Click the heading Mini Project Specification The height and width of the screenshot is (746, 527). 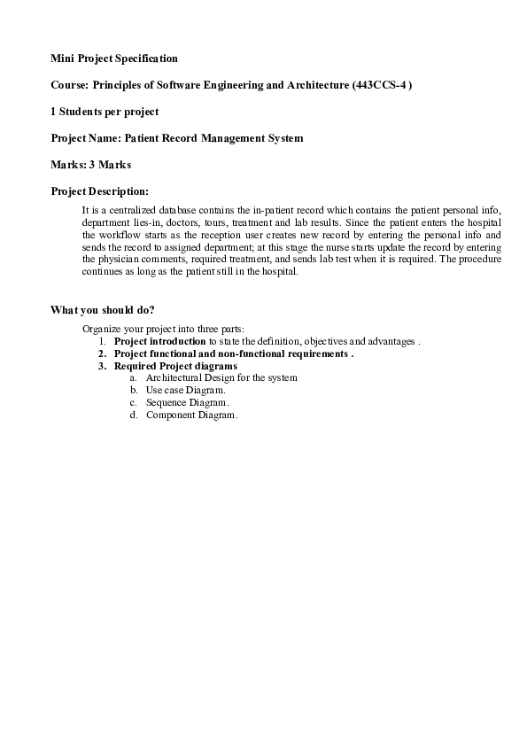(x=113, y=58)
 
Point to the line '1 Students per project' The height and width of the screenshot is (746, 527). (x=105, y=112)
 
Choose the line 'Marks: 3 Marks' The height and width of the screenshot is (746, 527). (x=90, y=165)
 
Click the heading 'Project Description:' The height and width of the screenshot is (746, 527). (x=99, y=190)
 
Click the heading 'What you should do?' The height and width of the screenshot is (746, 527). (x=103, y=309)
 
